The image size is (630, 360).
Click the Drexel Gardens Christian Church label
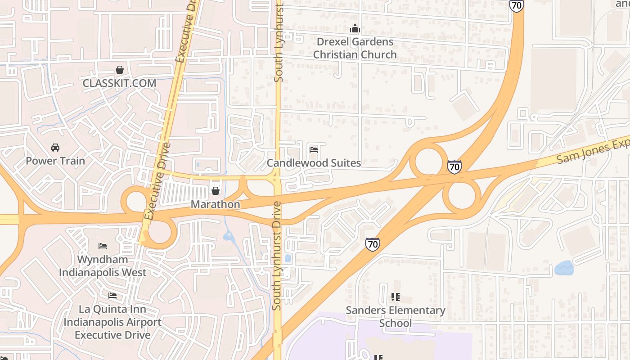(355, 48)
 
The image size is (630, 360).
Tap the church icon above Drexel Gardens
(355, 29)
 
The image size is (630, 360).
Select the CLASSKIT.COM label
(119, 83)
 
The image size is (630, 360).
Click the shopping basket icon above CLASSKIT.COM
(120, 70)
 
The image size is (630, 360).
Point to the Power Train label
(55, 161)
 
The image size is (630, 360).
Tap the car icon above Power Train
(55, 148)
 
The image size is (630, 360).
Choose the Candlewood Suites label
(314, 163)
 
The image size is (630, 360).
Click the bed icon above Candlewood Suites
(314, 149)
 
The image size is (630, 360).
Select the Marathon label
(216, 204)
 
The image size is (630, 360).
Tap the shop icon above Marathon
(216, 191)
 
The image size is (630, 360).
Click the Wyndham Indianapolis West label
(103, 266)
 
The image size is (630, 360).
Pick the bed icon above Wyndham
(103, 246)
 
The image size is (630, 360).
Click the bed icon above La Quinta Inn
(112, 296)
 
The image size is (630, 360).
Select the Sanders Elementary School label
(395, 317)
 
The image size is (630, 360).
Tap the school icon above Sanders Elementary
(395, 297)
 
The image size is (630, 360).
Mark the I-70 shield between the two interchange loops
(454, 167)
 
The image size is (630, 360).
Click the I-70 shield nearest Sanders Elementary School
(372, 244)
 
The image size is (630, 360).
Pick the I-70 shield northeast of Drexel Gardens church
(517, 5)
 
